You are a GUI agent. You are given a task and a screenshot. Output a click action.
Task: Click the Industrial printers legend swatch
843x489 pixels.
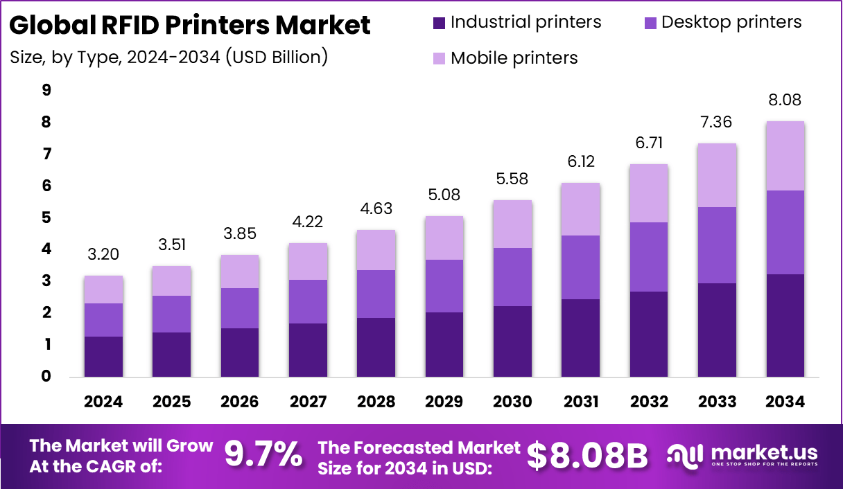439,22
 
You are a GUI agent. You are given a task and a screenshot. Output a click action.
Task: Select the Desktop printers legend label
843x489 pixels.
731,22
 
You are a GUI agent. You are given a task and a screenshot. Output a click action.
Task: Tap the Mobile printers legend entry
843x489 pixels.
514,57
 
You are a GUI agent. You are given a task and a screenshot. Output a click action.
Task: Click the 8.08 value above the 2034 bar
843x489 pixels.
785,100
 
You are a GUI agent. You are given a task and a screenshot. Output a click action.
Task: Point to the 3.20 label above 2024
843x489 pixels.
103,254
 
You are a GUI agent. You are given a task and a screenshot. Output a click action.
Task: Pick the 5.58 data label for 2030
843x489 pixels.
512,179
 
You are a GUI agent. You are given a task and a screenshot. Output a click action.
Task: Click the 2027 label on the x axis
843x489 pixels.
308,402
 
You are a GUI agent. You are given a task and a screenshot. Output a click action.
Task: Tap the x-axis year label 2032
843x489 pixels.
649,402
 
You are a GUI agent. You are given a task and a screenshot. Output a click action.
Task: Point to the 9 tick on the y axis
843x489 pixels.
46,90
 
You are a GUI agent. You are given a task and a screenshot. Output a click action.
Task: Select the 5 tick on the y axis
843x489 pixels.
46,217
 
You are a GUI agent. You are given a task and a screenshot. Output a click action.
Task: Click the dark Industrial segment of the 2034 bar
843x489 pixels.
785,326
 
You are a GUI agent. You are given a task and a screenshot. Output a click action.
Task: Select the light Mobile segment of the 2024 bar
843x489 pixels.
103,290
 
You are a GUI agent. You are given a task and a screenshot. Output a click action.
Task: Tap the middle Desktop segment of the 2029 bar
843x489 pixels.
444,286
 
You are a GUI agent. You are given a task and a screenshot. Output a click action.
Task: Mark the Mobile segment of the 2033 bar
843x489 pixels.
717,175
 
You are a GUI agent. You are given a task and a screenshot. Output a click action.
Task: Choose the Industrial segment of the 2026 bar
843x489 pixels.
240,353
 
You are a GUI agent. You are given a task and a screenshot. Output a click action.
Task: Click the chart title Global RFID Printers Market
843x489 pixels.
190,26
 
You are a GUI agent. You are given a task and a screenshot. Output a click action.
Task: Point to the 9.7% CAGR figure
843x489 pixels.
263,455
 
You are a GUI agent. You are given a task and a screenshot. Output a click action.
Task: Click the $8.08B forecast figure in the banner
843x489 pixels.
587,455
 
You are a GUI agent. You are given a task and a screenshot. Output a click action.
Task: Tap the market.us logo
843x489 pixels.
742,455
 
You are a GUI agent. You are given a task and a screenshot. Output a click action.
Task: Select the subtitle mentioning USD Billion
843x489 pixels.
168,57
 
